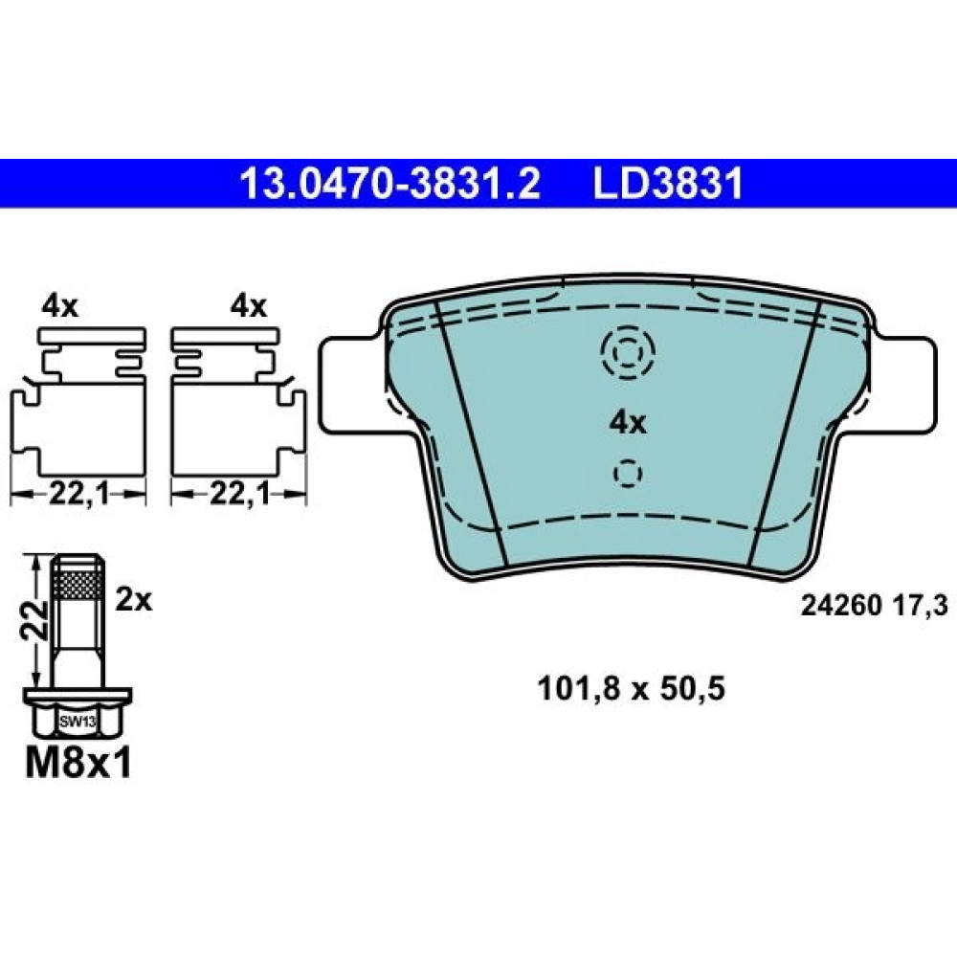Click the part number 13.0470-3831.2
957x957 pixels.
[390, 184]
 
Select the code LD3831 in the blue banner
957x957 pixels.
[669, 184]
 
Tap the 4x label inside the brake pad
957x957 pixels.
[628, 422]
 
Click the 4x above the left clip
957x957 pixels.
[59, 306]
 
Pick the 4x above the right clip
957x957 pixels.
[249, 306]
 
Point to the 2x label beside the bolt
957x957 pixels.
[134, 601]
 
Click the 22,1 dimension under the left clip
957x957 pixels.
[78, 493]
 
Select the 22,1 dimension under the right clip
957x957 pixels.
[239, 493]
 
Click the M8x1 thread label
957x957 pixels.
[78, 763]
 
